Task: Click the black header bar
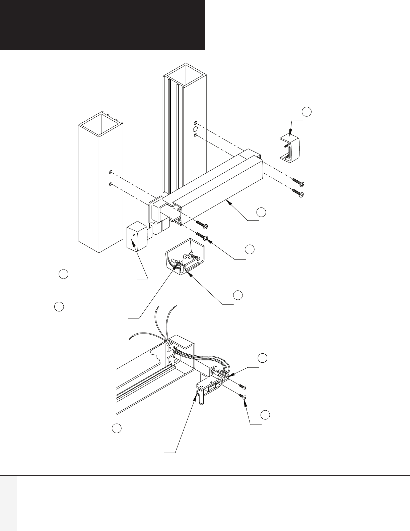(102, 25)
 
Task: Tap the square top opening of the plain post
(100, 122)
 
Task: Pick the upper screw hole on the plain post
(110, 173)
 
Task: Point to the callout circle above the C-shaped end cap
(306, 111)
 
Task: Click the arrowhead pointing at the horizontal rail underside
(227, 201)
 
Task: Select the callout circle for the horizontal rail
(261, 212)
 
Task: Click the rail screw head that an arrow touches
(206, 238)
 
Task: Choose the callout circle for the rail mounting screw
(249, 249)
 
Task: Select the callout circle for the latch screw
(265, 414)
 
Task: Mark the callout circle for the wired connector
(262, 358)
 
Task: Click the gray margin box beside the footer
(9, 503)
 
